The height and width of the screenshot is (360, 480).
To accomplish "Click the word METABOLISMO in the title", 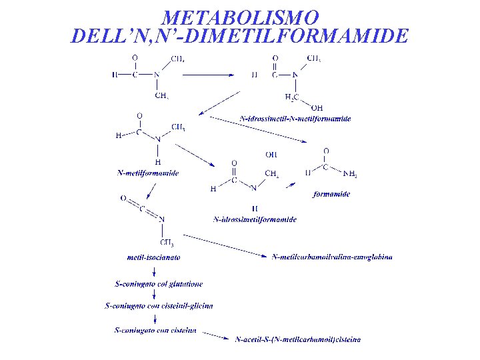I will click(240, 16).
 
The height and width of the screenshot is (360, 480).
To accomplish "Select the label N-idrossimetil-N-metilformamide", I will click(295, 119).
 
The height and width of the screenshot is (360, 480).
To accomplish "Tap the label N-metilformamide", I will click(147, 173).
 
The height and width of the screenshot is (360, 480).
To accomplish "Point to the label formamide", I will click(331, 194).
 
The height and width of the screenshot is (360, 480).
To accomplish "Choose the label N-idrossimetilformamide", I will click(255, 219).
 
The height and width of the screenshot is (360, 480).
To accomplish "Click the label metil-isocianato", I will click(153, 257).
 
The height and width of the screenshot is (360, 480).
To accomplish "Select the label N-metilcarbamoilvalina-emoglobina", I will click(332, 257).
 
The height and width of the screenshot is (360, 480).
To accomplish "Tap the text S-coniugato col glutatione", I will click(159, 284).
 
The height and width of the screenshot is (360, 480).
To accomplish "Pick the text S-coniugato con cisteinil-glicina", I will click(159, 306).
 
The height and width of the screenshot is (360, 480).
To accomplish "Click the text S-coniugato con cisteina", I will click(155, 329).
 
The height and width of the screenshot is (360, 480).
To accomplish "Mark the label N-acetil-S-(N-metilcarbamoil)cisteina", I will click(298, 339).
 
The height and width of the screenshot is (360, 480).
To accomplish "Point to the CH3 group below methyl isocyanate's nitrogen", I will click(167, 243).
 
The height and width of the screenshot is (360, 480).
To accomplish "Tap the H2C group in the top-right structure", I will click(291, 97).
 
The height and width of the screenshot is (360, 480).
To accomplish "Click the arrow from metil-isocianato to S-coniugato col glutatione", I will click(154, 271).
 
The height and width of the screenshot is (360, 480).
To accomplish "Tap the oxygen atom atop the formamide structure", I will click(325, 151).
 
